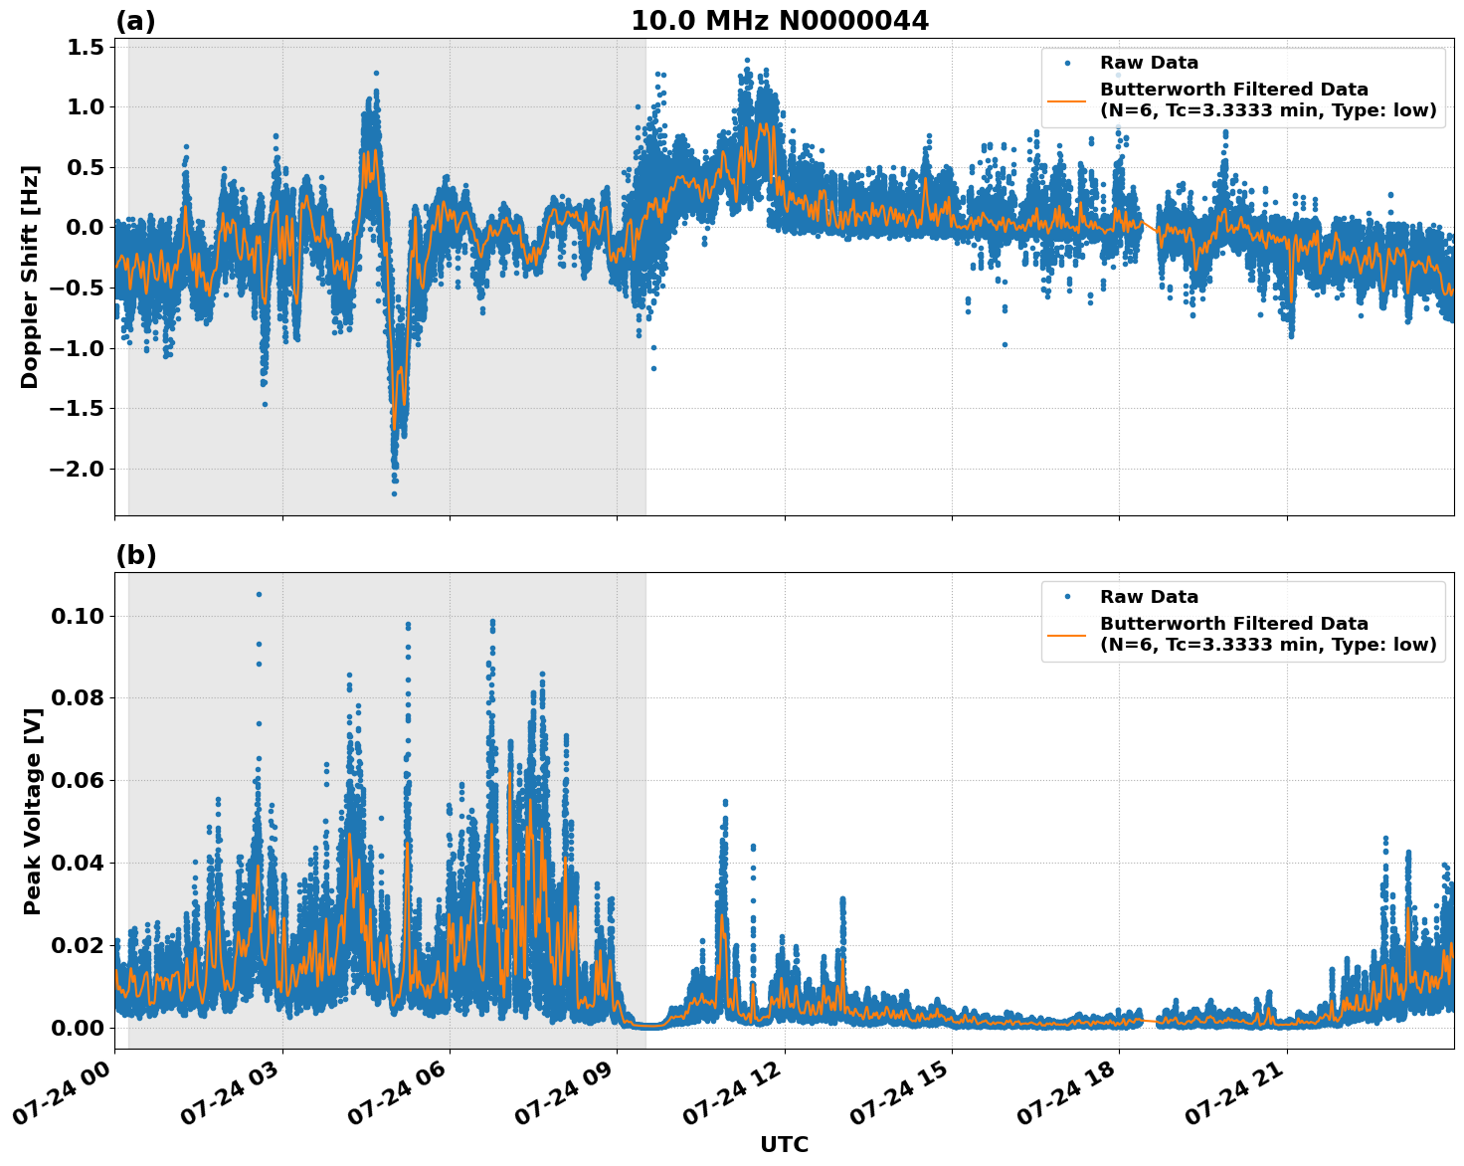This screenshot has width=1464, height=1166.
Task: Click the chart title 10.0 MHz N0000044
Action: [780, 21]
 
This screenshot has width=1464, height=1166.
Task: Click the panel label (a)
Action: [135, 21]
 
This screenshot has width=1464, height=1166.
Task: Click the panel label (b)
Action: [135, 555]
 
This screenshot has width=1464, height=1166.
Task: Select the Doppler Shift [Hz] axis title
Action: [30, 277]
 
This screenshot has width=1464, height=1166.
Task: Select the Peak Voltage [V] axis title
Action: [33, 811]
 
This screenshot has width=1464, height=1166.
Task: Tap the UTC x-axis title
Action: [784, 1144]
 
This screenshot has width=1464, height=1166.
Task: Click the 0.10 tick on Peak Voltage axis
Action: [77, 616]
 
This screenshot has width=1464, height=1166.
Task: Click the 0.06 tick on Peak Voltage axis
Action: [77, 780]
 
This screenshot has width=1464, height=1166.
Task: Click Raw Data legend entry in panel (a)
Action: [1149, 63]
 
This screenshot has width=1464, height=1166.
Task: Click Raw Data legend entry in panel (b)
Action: [1149, 597]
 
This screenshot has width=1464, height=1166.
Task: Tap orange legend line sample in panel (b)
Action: [1067, 634]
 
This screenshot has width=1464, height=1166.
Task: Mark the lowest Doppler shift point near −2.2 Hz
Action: [394, 493]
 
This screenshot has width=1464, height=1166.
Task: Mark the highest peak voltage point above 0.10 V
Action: [259, 594]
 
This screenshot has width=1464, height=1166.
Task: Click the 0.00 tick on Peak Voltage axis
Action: [77, 1027]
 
